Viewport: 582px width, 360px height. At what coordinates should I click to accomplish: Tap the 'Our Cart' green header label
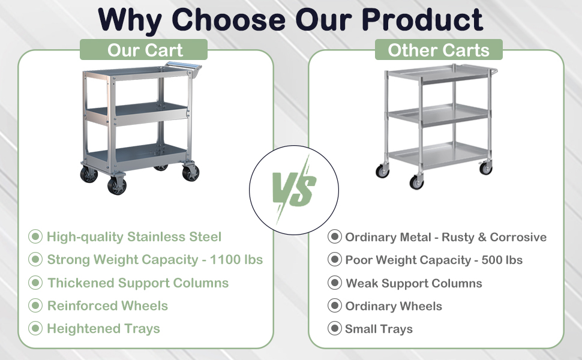coord(145,50)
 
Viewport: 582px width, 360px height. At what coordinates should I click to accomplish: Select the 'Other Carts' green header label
coord(439,50)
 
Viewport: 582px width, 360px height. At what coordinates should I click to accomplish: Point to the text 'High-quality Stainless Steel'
coord(134,236)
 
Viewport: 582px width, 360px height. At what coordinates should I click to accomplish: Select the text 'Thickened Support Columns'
coord(138,283)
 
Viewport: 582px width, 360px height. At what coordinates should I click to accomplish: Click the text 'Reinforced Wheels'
coord(107,305)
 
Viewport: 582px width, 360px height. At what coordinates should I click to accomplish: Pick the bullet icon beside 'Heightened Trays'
coord(36,328)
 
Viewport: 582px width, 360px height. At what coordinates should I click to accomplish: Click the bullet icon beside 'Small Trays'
coord(334,328)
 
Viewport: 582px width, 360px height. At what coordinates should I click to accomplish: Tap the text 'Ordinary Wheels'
coord(394,306)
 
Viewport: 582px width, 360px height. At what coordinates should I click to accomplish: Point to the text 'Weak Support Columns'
coord(414,283)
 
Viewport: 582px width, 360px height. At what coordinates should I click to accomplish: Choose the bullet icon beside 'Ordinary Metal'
coord(334,236)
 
